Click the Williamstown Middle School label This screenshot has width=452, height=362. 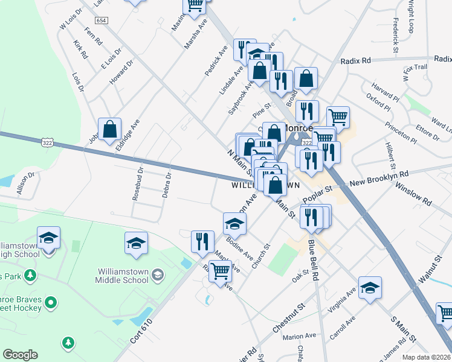pos(122,276)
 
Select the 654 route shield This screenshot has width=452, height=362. pos(102,21)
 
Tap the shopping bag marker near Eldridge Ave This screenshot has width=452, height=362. pos(110,130)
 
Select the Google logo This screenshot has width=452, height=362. pos(20,355)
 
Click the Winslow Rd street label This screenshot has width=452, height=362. pos(414,194)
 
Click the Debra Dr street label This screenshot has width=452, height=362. pos(167,185)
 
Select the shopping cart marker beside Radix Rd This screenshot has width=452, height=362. pos(338,117)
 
